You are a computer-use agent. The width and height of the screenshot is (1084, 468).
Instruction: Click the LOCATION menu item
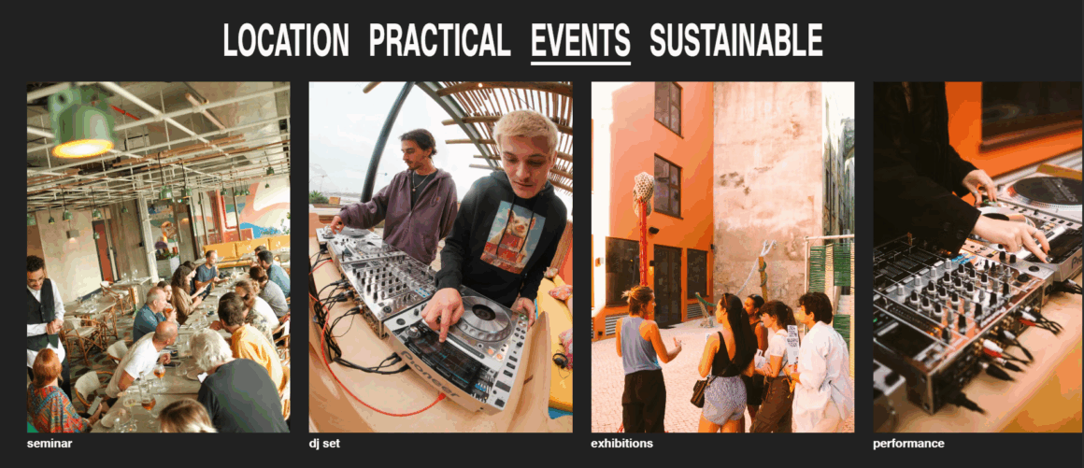click(286, 40)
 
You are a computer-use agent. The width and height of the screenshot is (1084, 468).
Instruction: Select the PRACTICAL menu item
click(440, 40)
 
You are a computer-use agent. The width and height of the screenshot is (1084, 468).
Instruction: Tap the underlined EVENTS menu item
click(580, 41)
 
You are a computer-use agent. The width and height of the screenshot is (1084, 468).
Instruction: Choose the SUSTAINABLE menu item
click(736, 40)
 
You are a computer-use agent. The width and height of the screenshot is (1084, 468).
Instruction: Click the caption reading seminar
click(50, 444)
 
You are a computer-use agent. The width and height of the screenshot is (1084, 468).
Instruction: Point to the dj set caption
click(325, 444)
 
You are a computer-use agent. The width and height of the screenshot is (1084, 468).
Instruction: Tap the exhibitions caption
click(621, 444)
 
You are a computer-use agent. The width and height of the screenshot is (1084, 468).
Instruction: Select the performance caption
click(908, 444)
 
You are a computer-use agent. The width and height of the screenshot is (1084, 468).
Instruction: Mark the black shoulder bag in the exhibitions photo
click(701, 391)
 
